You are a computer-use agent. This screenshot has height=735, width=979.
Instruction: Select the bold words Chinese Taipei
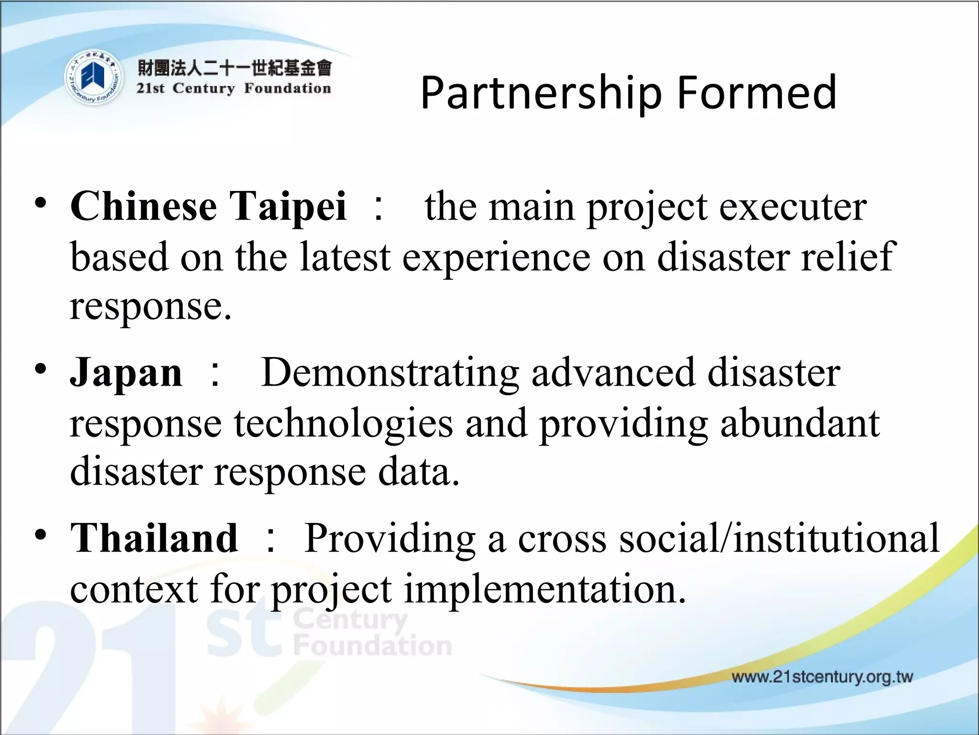click(208, 206)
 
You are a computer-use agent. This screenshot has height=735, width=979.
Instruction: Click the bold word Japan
click(126, 372)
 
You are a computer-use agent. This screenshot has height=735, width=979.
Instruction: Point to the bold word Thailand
click(154, 538)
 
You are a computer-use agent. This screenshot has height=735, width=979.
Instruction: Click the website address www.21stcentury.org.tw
click(822, 677)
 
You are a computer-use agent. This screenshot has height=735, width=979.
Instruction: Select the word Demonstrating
click(390, 372)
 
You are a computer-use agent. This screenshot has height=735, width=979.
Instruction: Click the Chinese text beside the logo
click(234, 68)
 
